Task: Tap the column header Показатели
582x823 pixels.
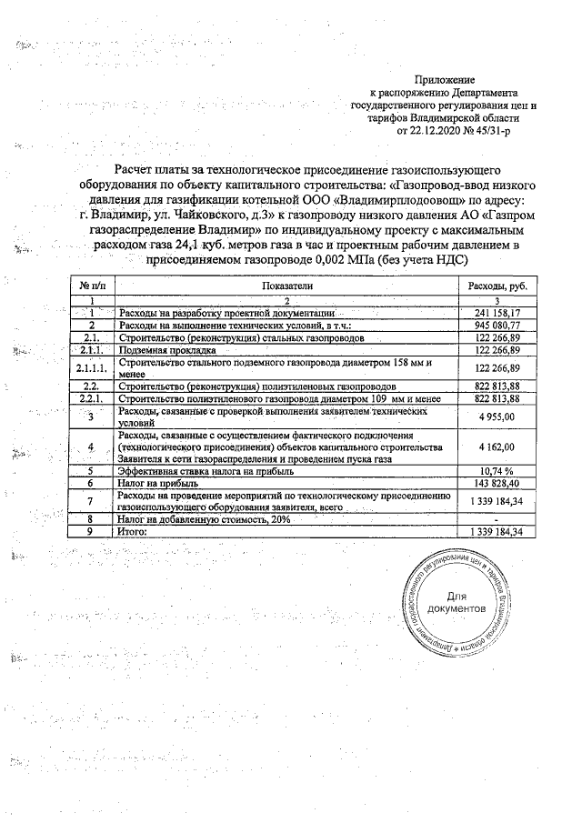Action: pyautogui.click(x=286, y=286)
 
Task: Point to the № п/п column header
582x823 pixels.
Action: pyautogui.click(x=91, y=286)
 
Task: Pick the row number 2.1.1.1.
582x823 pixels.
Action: pyautogui.click(x=91, y=367)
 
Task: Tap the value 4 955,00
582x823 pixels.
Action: pyautogui.click(x=497, y=417)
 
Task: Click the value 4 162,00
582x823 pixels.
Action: pyautogui.click(x=497, y=447)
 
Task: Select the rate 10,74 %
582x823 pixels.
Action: pyautogui.click(x=497, y=472)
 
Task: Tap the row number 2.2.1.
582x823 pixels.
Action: pyautogui.click(x=91, y=398)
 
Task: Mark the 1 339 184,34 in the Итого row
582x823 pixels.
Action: pyautogui.click(x=497, y=530)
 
